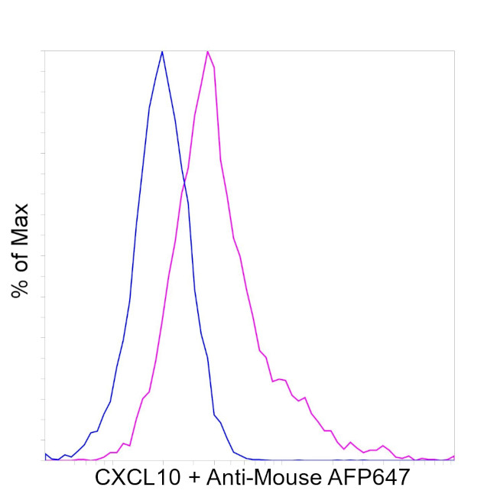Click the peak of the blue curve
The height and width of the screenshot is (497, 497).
[162, 51]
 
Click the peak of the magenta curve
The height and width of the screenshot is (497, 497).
[207, 51]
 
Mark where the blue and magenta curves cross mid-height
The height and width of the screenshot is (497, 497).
[184, 182]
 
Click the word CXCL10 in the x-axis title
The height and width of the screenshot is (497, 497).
[138, 479]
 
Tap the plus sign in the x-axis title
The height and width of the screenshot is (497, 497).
[196, 479]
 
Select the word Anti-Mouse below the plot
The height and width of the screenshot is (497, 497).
[264, 479]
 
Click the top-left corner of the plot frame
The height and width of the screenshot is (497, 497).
[44, 50]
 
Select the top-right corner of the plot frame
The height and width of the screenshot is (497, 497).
[455, 50]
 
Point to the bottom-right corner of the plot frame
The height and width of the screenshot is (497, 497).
[455, 460]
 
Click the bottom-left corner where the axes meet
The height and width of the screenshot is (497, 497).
[44, 460]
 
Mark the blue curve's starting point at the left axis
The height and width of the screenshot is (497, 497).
[45, 453]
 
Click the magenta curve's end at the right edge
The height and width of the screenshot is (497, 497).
[454, 456]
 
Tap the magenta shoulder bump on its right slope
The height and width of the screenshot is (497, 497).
[281, 379]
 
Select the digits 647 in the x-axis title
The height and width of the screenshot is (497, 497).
[392, 479]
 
